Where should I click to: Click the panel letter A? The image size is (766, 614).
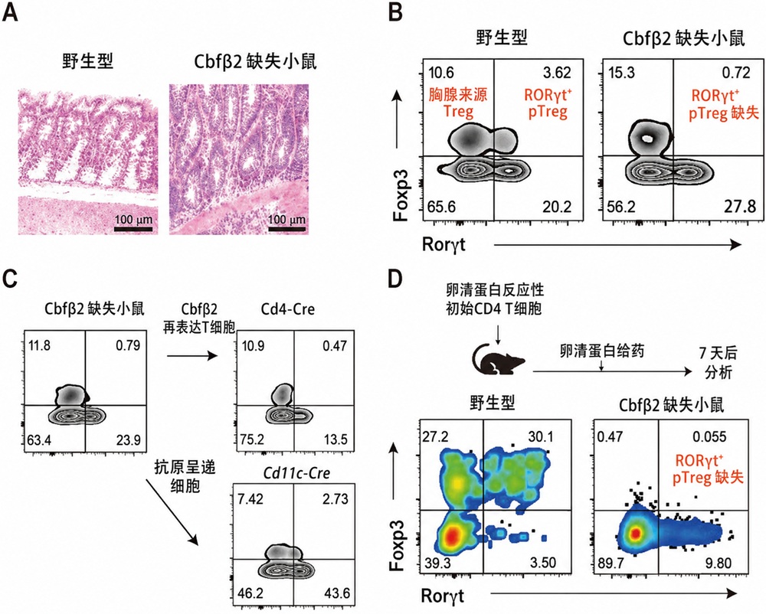(10, 11)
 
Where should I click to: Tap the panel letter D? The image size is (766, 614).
(395, 279)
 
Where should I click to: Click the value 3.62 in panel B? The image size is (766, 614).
(557, 73)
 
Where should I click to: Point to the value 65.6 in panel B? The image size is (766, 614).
(442, 207)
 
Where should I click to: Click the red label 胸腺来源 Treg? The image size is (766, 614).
(458, 103)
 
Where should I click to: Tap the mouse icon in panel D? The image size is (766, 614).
(499, 359)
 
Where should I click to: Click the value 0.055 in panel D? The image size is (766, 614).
(709, 436)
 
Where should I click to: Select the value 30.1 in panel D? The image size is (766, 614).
(542, 436)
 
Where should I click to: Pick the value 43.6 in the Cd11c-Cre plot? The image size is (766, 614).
(337, 593)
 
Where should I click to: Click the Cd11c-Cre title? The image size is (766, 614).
(296, 472)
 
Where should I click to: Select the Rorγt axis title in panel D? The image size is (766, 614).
(443, 596)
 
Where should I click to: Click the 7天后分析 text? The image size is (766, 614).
(718, 363)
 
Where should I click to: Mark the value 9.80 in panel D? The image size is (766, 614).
(718, 563)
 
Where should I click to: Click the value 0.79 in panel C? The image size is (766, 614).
(128, 345)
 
